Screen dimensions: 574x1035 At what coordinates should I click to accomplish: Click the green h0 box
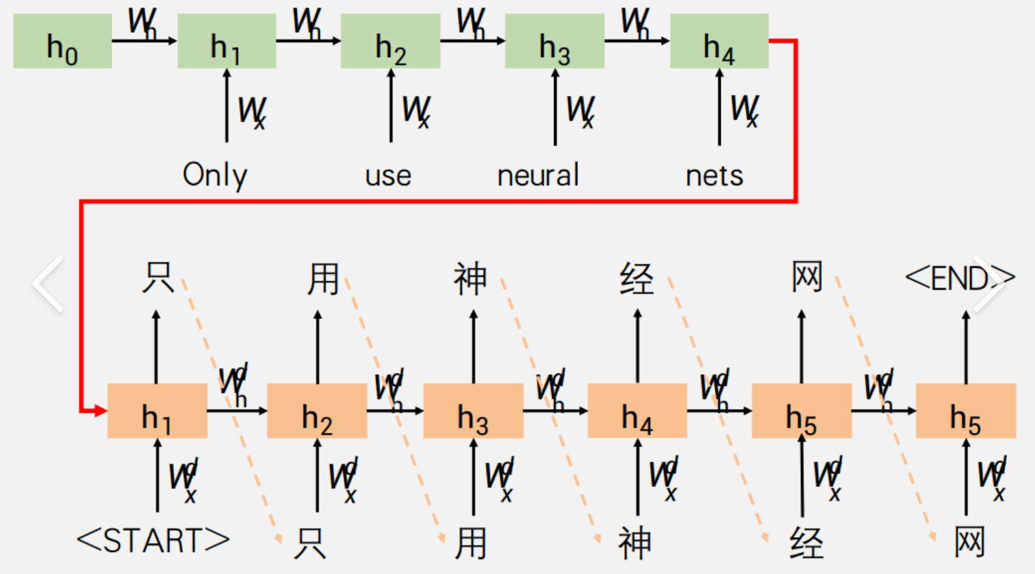[x=63, y=41]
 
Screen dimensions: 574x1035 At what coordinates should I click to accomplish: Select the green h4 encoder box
[x=719, y=41]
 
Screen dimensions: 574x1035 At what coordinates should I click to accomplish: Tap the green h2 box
[x=390, y=41]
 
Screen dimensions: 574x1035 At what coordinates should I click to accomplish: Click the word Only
[x=215, y=175]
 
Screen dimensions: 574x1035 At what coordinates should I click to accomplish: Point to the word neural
[x=538, y=175]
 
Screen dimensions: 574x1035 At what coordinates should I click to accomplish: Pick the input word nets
[x=714, y=176]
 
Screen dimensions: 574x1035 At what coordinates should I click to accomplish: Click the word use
[x=388, y=176]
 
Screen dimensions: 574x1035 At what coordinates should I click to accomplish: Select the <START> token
[x=154, y=541]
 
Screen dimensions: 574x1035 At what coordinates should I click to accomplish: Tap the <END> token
[x=959, y=278]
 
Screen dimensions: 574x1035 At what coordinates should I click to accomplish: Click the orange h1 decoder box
[x=158, y=410]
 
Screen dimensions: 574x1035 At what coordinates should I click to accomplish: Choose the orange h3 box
[x=473, y=410]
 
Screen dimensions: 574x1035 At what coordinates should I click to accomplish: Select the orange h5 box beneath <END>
[x=966, y=410]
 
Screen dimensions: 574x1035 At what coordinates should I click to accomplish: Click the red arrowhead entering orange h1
[x=101, y=410]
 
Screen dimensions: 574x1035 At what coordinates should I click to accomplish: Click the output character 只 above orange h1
[x=158, y=277]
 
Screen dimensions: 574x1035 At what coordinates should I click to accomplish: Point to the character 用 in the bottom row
[x=471, y=543]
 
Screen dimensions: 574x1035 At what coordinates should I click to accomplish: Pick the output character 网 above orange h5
[x=807, y=277]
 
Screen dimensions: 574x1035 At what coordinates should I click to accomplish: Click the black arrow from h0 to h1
[x=144, y=41]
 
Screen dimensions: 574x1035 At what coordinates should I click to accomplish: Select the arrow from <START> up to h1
[x=158, y=475]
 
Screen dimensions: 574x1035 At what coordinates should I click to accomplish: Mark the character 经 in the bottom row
[x=806, y=543]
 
